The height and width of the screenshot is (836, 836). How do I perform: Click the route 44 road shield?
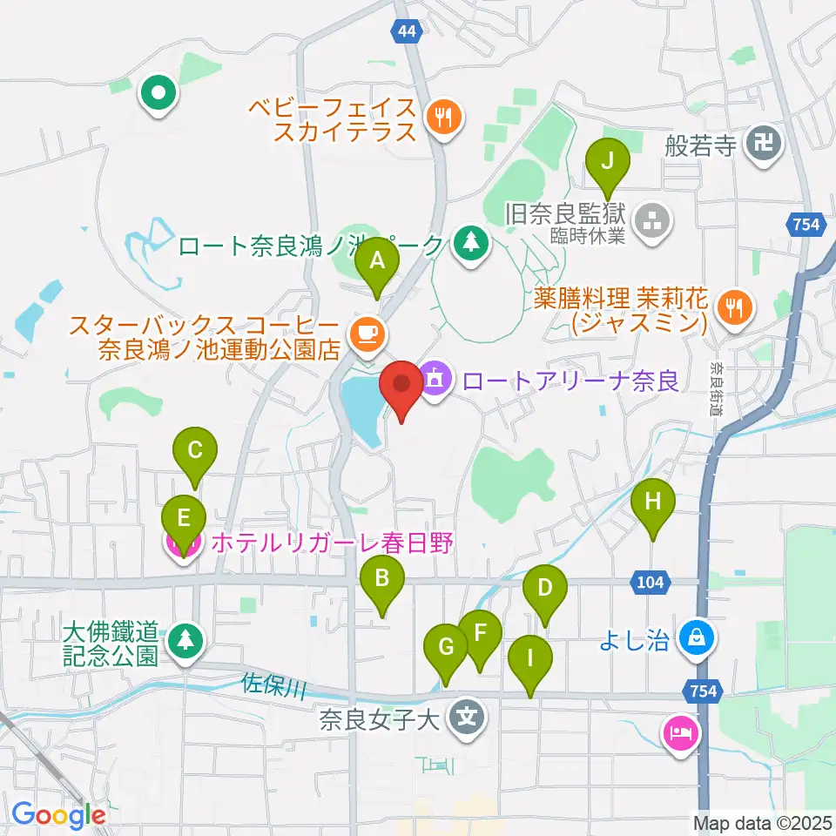[x=406, y=31]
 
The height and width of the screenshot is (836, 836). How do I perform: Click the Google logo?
[x=58, y=815]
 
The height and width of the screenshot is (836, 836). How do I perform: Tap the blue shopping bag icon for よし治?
[x=698, y=639]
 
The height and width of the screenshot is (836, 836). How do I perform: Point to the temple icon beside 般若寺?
[x=765, y=140]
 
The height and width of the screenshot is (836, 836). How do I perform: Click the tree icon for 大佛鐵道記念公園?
[x=184, y=640]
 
